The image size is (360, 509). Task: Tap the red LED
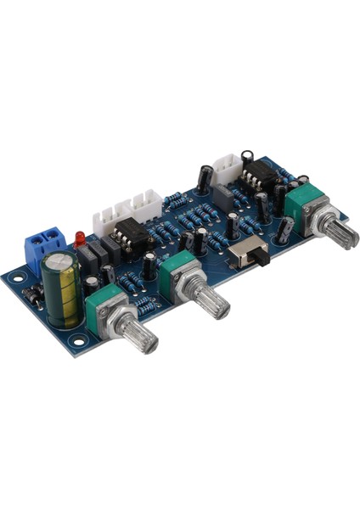click(80, 240)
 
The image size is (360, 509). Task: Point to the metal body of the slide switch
click(252, 252)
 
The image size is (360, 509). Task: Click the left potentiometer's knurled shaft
click(139, 335)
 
